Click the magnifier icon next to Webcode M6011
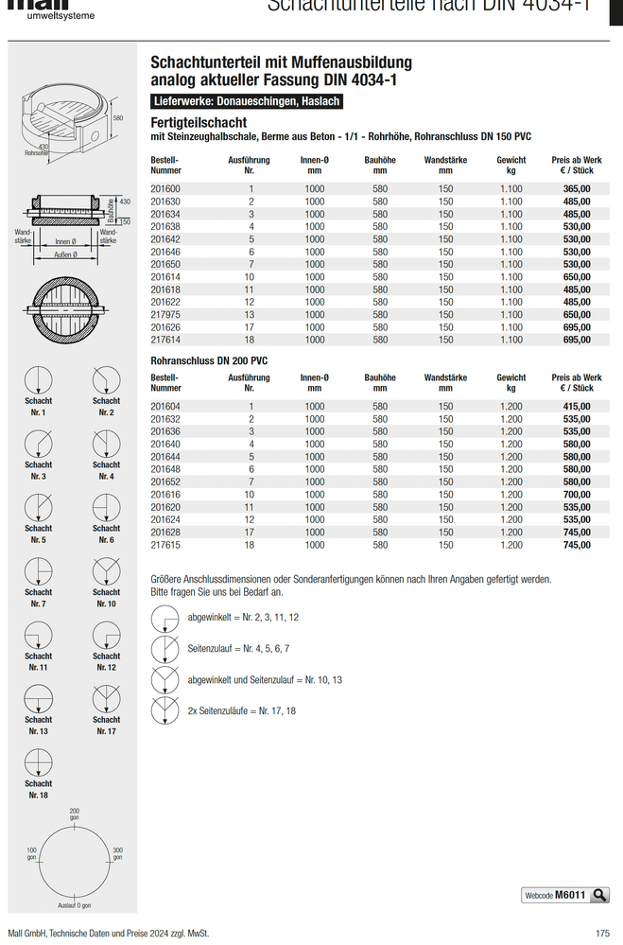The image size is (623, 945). point(599,895)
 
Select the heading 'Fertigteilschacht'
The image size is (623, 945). point(199,123)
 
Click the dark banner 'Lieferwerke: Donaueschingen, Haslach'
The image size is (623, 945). point(247,101)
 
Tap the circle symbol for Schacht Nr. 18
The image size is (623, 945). point(39,761)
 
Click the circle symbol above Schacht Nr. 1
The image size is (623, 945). point(39,379)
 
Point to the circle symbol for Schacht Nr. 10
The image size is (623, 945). point(106,570)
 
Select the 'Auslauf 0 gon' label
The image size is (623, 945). point(75,905)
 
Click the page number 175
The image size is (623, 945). point(602,933)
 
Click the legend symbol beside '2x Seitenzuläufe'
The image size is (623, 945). point(165,709)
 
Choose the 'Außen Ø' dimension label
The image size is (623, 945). point(65,254)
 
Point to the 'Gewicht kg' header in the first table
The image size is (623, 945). point(511,166)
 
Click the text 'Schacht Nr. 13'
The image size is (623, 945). point(39,726)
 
